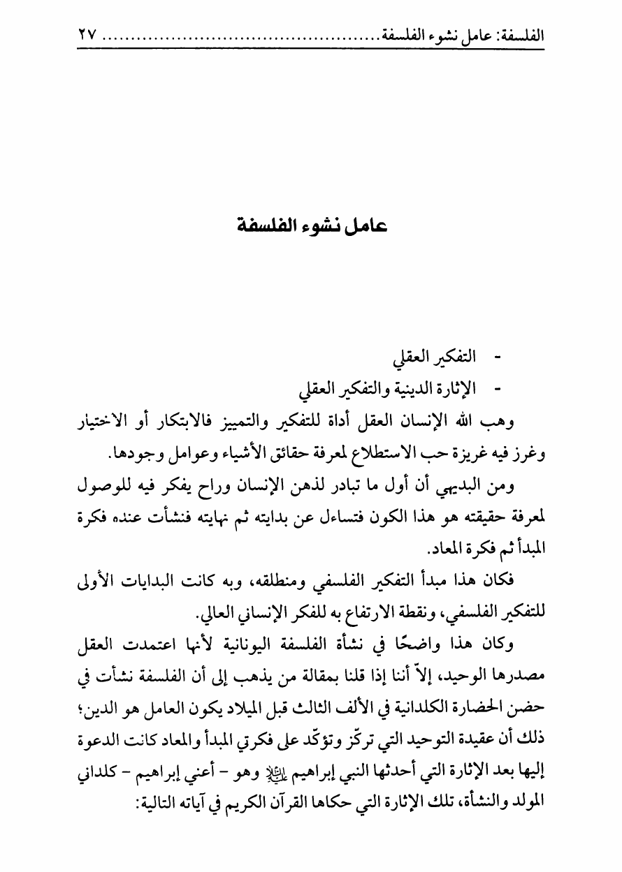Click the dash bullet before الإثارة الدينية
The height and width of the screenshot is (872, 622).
pos(498,387)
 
